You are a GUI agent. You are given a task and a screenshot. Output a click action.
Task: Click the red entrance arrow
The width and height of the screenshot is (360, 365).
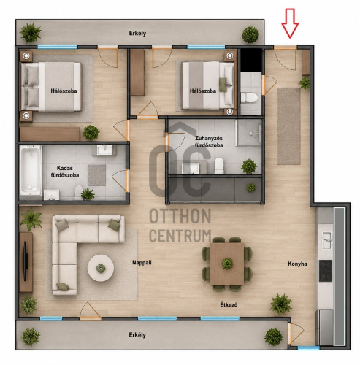[x=290, y=23]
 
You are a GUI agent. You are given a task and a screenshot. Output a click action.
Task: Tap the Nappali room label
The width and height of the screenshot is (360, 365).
[x=142, y=263]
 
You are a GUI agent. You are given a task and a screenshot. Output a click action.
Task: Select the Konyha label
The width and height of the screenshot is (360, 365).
[x=297, y=264]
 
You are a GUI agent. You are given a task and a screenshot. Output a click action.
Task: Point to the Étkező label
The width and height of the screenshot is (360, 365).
[x=229, y=304]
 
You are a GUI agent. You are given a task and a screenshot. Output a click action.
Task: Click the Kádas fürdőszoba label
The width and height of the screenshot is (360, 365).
[x=65, y=172]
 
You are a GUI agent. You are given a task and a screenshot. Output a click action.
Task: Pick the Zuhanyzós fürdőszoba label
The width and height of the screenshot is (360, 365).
[x=209, y=142]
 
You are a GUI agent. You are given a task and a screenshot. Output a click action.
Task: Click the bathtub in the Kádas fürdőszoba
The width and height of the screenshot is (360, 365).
[x=31, y=170]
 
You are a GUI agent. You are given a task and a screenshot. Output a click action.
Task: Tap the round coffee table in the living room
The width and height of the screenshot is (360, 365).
[x=101, y=268]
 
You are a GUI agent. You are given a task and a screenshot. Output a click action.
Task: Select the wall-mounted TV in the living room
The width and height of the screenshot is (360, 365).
[x=25, y=262]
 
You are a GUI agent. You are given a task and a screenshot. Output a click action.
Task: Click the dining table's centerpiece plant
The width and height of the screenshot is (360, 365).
[x=227, y=264]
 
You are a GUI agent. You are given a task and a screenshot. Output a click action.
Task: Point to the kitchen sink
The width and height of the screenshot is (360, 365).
[x=327, y=240]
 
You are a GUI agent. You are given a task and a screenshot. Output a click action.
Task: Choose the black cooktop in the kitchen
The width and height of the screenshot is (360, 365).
[x=326, y=271]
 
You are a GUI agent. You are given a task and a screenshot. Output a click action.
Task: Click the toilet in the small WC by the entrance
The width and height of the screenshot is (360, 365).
[x=249, y=98]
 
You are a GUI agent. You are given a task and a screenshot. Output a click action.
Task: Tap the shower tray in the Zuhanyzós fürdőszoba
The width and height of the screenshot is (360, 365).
[x=249, y=133]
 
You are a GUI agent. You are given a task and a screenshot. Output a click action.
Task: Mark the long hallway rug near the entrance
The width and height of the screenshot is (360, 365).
[x=288, y=126]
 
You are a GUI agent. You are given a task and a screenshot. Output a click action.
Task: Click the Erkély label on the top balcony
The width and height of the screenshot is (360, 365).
[x=137, y=33]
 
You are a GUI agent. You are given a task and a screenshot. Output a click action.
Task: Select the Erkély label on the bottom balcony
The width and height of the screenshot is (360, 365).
[x=137, y=335]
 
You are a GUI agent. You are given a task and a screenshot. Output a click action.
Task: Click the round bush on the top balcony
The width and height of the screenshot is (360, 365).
[x=250, y=34]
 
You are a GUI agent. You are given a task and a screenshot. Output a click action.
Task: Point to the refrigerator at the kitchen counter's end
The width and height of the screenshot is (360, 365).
[x=324, y=327]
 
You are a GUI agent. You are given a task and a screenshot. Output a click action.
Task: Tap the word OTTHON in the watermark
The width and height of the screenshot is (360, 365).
[x=180, y=216]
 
